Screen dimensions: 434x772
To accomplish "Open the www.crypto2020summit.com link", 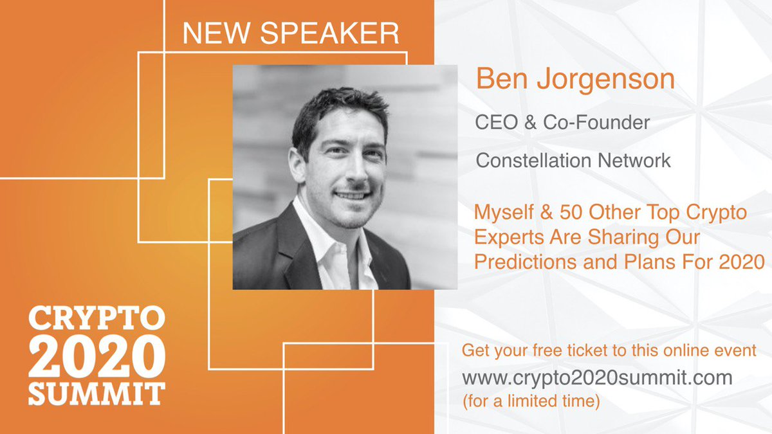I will pos(597,377).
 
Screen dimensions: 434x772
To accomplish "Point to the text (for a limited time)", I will pos(531,402).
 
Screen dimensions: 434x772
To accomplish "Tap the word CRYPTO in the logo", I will pos(96,320).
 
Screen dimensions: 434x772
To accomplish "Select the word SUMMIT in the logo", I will pos(96,392).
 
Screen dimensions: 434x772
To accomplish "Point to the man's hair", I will pos(338,106).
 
